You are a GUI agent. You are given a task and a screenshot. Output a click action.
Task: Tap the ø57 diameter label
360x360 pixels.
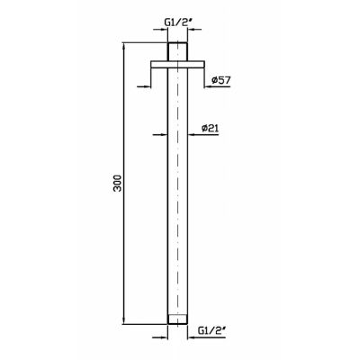pyautogui.click(x=220, y=80)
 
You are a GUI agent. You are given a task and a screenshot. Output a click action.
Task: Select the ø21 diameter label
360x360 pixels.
pyautogui.click(x=210, y=128)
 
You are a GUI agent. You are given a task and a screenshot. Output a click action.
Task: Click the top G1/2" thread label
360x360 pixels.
pyautogui.click(x=177, y=22)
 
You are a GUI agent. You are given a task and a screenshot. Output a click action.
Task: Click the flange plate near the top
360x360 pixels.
pyautogui.click(x=177, y=64)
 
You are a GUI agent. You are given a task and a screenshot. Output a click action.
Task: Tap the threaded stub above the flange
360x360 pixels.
pyautogui.click(x=177, y=51)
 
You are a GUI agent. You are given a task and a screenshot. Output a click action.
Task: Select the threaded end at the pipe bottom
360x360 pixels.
pyautogui.click(x=177, y=319)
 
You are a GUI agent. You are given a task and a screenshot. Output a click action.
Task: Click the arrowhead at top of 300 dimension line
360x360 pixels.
pyautogui.click(x=124, y=46)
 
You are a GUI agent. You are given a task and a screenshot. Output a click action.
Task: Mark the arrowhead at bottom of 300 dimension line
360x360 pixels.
pyautogui.click(x=124, y=320)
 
